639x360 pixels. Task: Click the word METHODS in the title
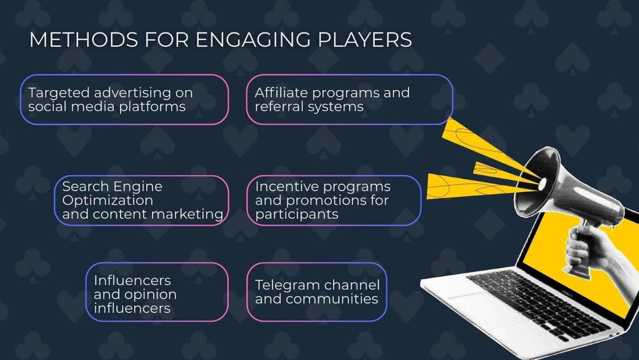pos(84,40)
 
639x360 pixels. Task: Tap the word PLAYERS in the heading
pos(365,40)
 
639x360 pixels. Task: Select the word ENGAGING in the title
pos(253,40)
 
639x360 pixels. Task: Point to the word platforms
pos(152,107)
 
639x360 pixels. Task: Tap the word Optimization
pos(108,201)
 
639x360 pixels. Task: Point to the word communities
pos(332,299)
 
